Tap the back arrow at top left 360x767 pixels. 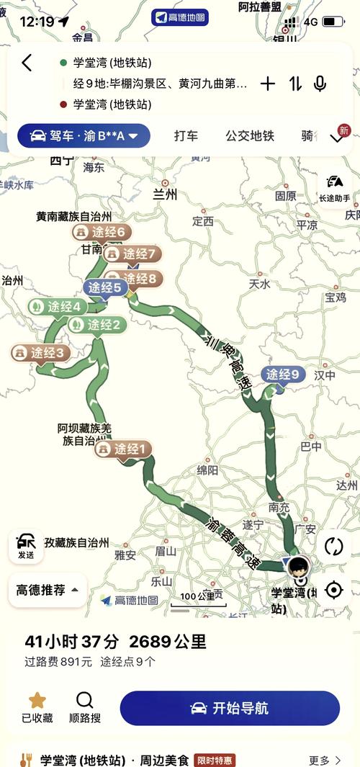[x=27, y=63]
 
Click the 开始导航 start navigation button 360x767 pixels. [x=230, y=708]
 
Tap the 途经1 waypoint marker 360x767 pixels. [x=124, y=449]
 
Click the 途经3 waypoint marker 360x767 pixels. [x=41, y=353]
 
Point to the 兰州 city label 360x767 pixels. [x=165, y=194]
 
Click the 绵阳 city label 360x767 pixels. [x=207, y=470]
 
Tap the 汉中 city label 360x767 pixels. [x=325, y=375]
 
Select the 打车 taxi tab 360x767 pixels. [x=186, y=135]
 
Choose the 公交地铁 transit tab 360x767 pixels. [x=250, y=135]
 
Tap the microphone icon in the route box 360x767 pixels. [x=320, y=84]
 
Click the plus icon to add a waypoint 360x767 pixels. [x=268, y=84]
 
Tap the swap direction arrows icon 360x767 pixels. [x=295, y=84]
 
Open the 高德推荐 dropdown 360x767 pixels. [x=48, y=590]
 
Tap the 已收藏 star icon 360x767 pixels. [x=37, y=701]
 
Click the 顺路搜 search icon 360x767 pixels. [x=85, y=701]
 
